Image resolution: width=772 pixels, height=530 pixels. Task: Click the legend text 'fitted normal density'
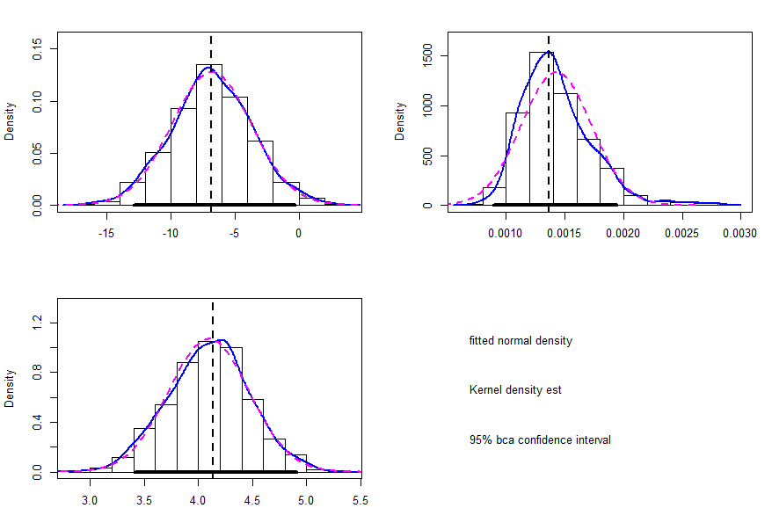[x=520, y=340]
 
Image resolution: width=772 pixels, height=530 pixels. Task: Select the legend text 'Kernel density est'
[x=515, y=389]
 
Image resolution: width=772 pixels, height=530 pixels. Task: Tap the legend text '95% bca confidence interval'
[x=539, y=439]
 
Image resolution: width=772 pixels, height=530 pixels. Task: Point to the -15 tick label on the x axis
[x=106, y=234]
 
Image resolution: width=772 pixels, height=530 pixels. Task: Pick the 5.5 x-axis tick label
[x=360, y=500]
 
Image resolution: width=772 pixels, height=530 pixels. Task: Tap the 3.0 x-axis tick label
[x=89, y=500]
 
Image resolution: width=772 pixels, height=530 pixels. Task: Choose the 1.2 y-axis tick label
[x=38, y=323]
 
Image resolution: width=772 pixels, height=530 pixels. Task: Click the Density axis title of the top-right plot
[x=400, y=121]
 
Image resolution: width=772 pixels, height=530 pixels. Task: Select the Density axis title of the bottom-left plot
[x=10, y=388]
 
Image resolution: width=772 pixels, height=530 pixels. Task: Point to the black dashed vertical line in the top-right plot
[x=549, y=123]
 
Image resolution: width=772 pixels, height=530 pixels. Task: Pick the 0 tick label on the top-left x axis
[x=299, y=234]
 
